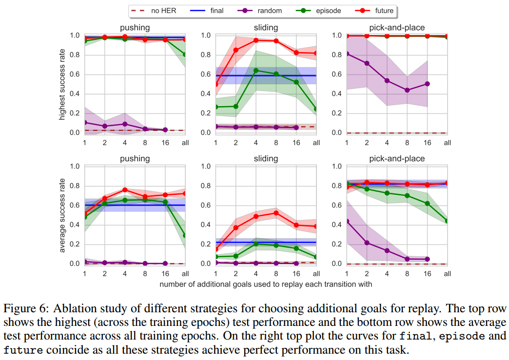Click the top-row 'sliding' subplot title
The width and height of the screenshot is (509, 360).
coord(266,28)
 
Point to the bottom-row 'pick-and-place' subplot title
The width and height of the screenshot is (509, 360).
coord(396,158)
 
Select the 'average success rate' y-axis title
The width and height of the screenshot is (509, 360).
coord(62,215)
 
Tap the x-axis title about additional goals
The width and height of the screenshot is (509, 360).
coord(266,284)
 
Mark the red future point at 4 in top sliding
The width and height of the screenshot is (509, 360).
coord(255,40)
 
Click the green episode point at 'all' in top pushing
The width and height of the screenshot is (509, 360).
coord(185,55)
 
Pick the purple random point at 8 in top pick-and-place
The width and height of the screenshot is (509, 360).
coord(407,90)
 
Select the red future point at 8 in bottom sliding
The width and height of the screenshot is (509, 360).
coord(276,213)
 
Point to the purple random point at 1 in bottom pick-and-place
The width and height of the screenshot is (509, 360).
coord(347,221)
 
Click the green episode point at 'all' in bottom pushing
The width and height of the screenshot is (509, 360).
coord(185,235)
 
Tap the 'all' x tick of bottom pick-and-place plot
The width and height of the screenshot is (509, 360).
coord(447,274)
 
